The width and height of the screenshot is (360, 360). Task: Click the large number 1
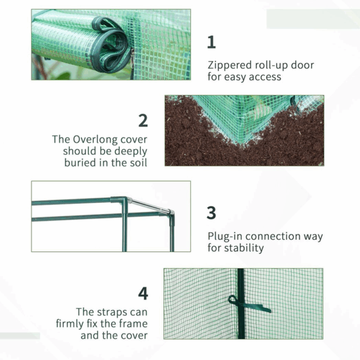pos(211,42)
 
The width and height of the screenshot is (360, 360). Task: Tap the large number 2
pos(143,120)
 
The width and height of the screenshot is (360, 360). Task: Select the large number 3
pos(211,213)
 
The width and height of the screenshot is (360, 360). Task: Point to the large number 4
pos(143,293)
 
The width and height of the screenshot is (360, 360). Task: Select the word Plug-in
pos(225,236)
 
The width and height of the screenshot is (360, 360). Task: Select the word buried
pos(81,163)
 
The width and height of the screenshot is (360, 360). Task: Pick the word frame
pos(133,323)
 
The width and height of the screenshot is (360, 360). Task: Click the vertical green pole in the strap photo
pos(241,282)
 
